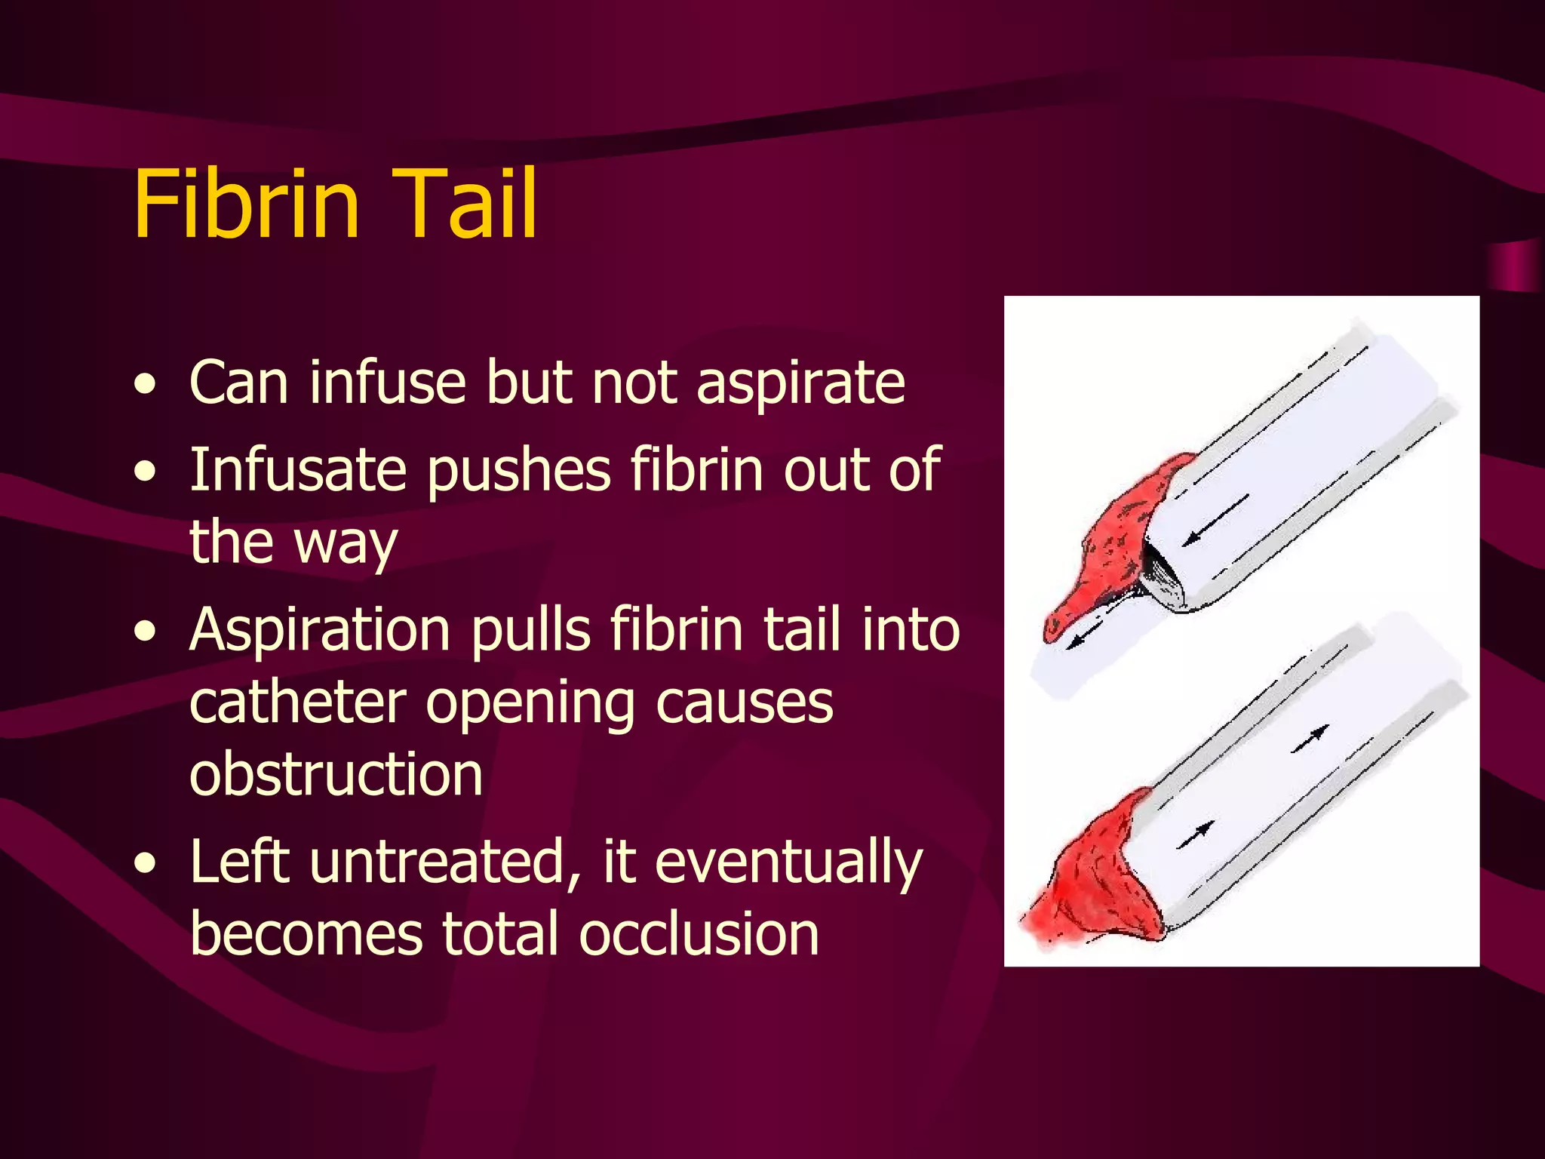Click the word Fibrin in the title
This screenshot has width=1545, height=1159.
pyautogui.click(x=246, y=205)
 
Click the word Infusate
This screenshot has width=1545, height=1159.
pyautogui.click(x=298, y=470)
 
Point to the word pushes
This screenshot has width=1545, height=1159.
pyautogui.click(x=519, y=472)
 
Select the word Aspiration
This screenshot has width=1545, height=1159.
pyautogui.click(x=320, y=630)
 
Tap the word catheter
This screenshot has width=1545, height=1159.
pyautogui.click(x=297, y=703)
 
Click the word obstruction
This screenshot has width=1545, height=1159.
pyautogui.click(x=336, y=775)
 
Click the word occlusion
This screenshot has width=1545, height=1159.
pyautogui.click(x=699, y=934)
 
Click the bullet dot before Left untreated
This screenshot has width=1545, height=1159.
pyautogui.click(x=145, y=863)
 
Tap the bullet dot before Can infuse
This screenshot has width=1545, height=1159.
pyautogui.click(x=145, y=384)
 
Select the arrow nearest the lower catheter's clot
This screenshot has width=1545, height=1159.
pyautogui.click(x=1194, y=835)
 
